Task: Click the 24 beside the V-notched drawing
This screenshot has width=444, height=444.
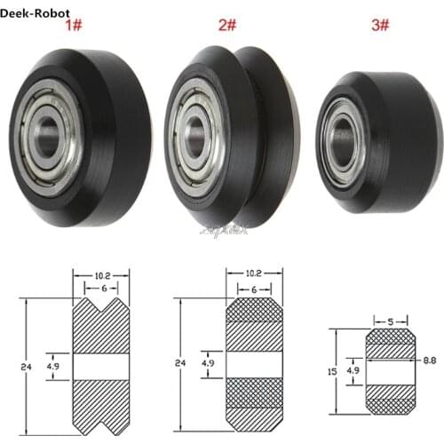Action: click(x=18, y=365)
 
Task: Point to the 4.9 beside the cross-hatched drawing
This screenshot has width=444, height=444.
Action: click(x=207, y=363)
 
